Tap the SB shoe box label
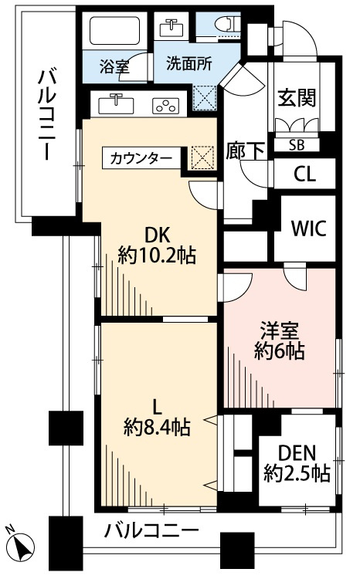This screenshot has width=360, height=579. point(296,145)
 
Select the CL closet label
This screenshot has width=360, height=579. point(304,174)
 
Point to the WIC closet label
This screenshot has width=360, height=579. point(307,229)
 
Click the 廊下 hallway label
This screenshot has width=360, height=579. point(242,150)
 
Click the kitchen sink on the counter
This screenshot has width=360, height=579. point(117,103)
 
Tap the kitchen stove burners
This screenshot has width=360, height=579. point(165,105)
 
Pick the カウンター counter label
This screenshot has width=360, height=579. point(141,159)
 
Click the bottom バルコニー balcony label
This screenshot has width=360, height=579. point(151,531)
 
